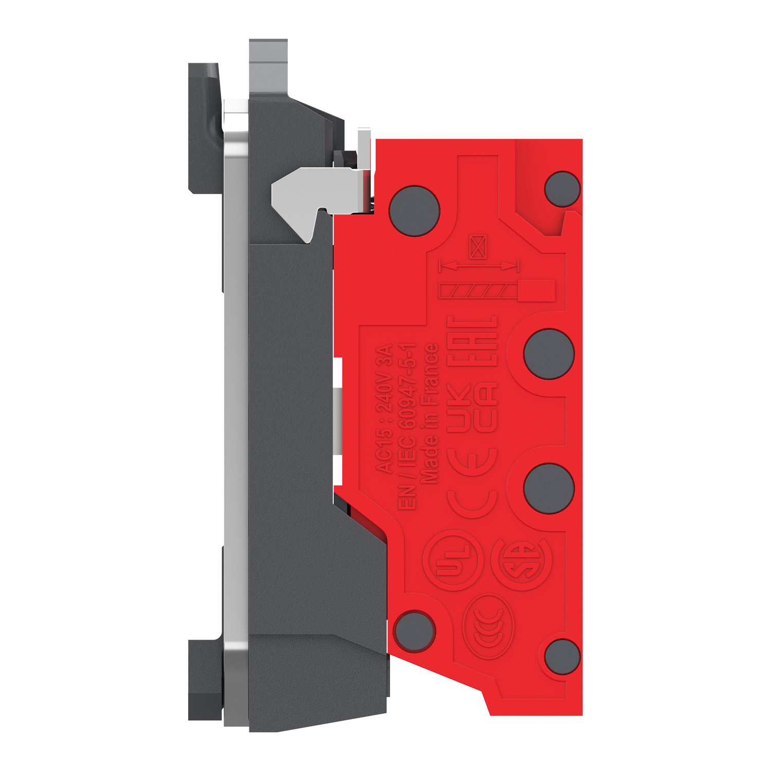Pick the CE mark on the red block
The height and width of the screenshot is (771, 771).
click(472, 483)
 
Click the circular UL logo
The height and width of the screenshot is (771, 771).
click(452, 560)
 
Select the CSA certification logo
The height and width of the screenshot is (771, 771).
click(521, 560)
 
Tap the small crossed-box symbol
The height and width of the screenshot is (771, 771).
click(478, 247)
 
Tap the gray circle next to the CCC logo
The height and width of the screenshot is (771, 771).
click(414, 631)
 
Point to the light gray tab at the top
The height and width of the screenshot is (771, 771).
click(268, 62)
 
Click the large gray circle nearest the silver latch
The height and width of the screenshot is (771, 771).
click(414, 211)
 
